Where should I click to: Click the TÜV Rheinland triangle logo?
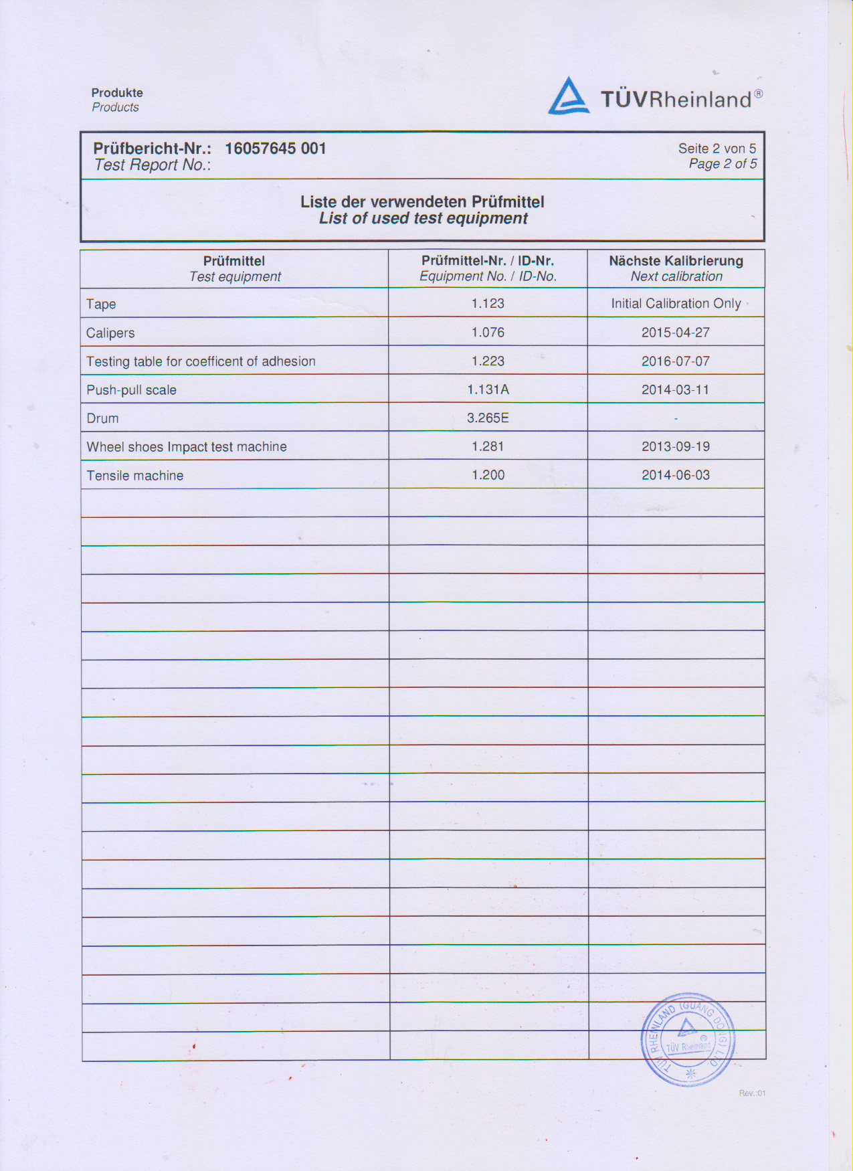[569, 96]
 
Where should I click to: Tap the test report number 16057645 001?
[275, 149]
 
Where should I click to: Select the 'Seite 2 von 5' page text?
[717, 149]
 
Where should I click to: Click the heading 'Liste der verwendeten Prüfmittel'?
[422, 201]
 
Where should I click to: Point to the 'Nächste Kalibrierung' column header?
[676, 261]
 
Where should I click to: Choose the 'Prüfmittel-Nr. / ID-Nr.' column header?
[488, 261]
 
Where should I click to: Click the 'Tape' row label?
[101, 304]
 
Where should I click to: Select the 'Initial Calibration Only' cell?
[676, 303]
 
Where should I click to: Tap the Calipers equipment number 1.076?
[488, 333]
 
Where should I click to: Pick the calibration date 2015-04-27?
[676, 333]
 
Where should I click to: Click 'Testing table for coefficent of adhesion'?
[201, 361]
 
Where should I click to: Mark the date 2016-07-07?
[676, 361]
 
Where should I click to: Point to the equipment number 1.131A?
[488, 389]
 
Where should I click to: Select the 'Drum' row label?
[102, 418]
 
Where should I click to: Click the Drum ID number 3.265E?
[488, 418]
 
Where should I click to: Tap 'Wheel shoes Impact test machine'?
[187, 447]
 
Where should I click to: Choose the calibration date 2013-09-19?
[676, 446]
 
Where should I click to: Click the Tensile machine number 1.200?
[488, 475]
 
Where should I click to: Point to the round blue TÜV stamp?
[688, 1039]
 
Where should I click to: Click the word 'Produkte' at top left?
[117, 93]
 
